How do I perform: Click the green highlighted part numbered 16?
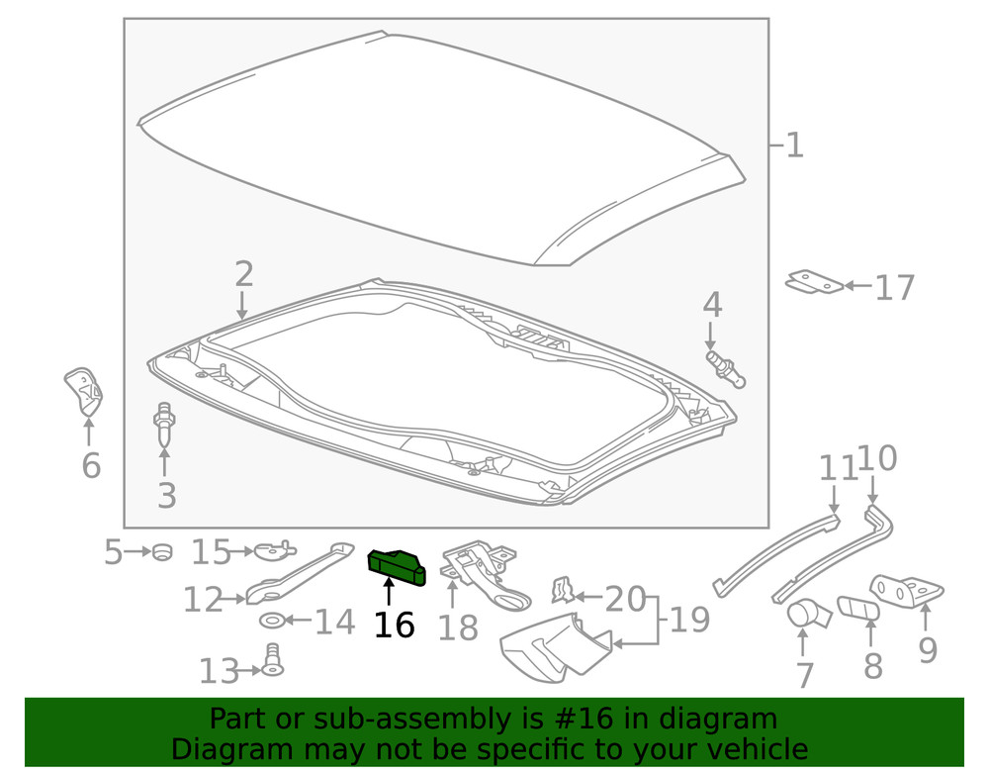coord(397,567)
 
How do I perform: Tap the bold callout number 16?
coord(395,626)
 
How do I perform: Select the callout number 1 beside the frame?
coord(794,145)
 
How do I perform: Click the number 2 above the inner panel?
coord(244,274)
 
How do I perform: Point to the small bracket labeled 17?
coord(814,282)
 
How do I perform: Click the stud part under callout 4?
coord(726,369)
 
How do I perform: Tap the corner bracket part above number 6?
coord(84,391)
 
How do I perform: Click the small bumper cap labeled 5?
coord(163,551)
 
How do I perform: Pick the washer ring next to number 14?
coord(273,621)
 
